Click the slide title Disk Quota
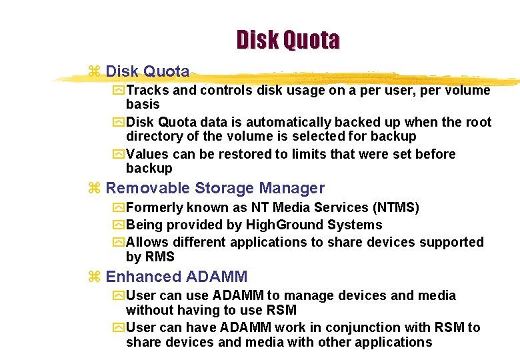tap(287, 40)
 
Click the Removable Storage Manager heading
tap(215, 189)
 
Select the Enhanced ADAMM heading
tap(176, 277)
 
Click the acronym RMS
tap(159, 257)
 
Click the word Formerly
tap(155, 207)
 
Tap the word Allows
tap(145, 242)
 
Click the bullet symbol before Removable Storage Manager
tap(94, 189)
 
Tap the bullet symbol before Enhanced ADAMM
tap(94, 277)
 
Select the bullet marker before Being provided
tap(118, 225)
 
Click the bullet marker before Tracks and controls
tap(118, 91)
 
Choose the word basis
tap(142, 105)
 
